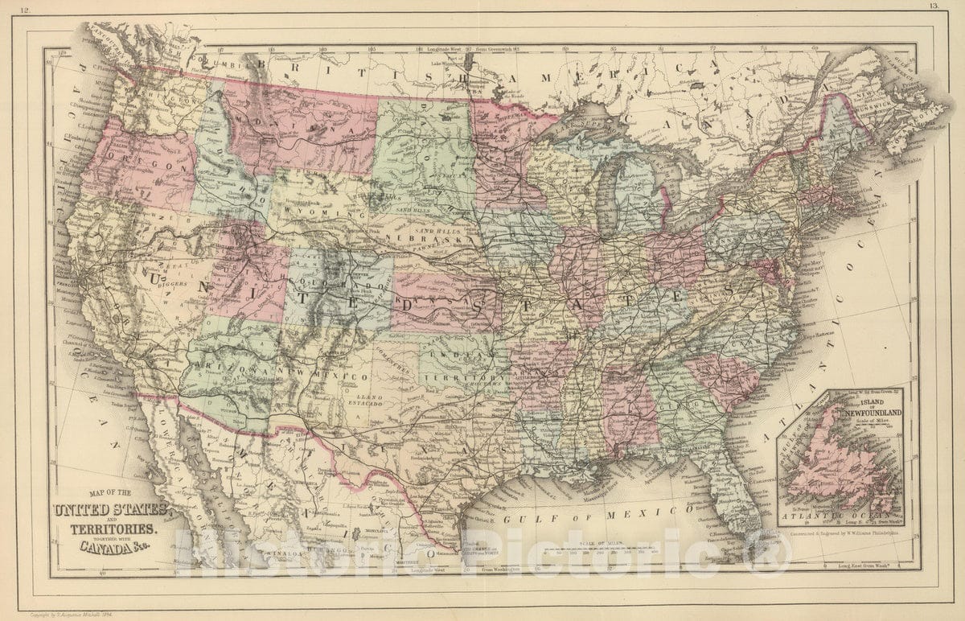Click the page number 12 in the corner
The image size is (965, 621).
pyautogui.click(x=26, y=10)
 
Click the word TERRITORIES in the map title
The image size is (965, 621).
pyautogui.click(x=109, y=530)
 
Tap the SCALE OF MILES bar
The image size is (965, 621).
pyautogui.click(x=599, y=551)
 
